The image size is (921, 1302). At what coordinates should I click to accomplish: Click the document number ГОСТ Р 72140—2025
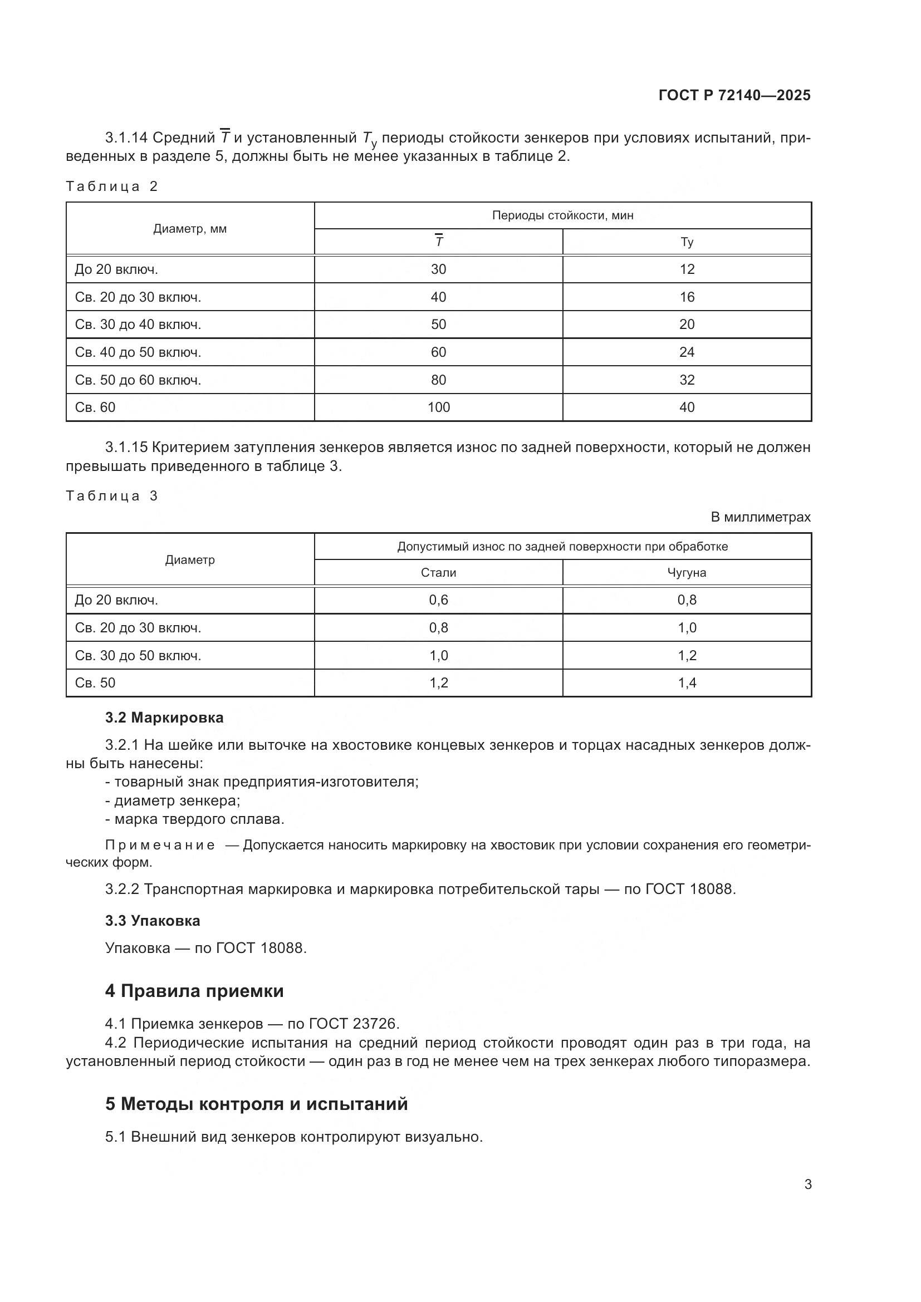click(x=734, y=95)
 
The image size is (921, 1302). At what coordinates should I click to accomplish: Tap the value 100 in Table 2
click(x=438, y=407)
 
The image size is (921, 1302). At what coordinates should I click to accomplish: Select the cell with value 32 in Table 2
click(x=687, y=380)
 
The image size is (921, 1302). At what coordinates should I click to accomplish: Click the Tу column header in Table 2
click(x=687, y=242)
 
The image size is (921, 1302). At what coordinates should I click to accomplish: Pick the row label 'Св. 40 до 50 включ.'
click(x=138, y=352)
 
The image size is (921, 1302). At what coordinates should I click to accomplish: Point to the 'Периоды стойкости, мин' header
click(x=562, y=215)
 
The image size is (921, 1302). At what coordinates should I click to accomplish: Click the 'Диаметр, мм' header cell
click(x=190, y=229)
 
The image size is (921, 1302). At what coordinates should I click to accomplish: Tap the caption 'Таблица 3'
click(x=112, y=496)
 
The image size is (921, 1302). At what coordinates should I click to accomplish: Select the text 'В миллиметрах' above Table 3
click(x=761, y=517)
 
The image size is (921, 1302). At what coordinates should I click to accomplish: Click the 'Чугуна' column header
click(x=687, y=573)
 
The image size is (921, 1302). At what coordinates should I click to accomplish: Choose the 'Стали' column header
click(x=438, y=573)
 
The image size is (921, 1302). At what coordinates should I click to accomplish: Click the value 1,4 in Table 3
click(x=687, y=683)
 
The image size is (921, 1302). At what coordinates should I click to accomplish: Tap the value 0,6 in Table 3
click(x=438, y=600)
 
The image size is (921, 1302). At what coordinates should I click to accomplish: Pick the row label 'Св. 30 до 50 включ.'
click(x=138, y=656)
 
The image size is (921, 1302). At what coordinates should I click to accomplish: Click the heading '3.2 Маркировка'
click(x=164, y=718)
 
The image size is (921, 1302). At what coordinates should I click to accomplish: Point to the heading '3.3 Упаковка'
click(x=153, y=920)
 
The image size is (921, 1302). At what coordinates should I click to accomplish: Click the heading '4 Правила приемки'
click(x=194, y=991)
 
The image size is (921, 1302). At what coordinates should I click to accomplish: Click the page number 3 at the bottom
click(x=808, y=1185)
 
